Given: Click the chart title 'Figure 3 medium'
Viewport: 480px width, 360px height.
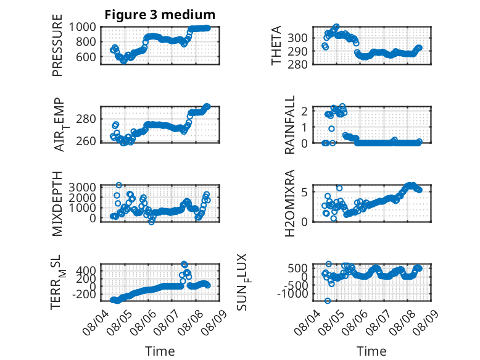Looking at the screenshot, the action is [x=160, y=14].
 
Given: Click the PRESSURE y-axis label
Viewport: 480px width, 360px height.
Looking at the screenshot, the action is [x=57, y=45].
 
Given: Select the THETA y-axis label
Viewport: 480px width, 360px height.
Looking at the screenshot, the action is [x=276, y=45].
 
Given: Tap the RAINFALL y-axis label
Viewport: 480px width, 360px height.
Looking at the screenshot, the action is [x=289, y=125].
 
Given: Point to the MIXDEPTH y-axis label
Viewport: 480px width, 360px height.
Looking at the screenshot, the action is [x=57, y=204].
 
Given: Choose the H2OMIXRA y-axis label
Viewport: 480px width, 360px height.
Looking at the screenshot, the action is [x=289, y=203].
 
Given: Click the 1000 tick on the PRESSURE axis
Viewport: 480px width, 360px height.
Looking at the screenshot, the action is [x=82, y=27].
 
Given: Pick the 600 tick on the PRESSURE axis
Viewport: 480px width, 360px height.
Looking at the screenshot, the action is [x=86, y=57].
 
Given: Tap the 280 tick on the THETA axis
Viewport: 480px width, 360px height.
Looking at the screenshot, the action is [x=297, y=64].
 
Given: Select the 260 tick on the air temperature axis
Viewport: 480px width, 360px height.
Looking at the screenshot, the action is [x=86, y=141].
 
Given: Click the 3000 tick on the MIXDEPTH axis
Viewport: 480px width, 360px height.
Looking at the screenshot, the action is [x=82, y=187].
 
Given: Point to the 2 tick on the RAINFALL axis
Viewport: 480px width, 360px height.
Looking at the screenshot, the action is [x=304, y=111].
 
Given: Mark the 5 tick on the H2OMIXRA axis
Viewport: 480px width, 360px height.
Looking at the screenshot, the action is [x=304, y=192].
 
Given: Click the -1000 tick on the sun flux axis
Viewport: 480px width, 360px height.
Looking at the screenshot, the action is [x=292, y=293].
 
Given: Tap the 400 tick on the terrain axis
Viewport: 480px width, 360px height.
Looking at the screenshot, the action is [x=86, y=270].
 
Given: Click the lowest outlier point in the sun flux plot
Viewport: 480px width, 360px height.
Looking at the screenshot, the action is [x=328, y=301].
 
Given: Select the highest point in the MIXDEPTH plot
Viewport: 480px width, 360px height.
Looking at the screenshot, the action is [x=119, y=185].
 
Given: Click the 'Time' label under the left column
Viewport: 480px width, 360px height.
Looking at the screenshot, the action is [x=160, y=351].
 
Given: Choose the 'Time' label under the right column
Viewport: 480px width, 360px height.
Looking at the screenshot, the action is [x=371, y=351].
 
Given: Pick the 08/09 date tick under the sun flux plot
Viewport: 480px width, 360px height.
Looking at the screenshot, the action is [x=426, y=321].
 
